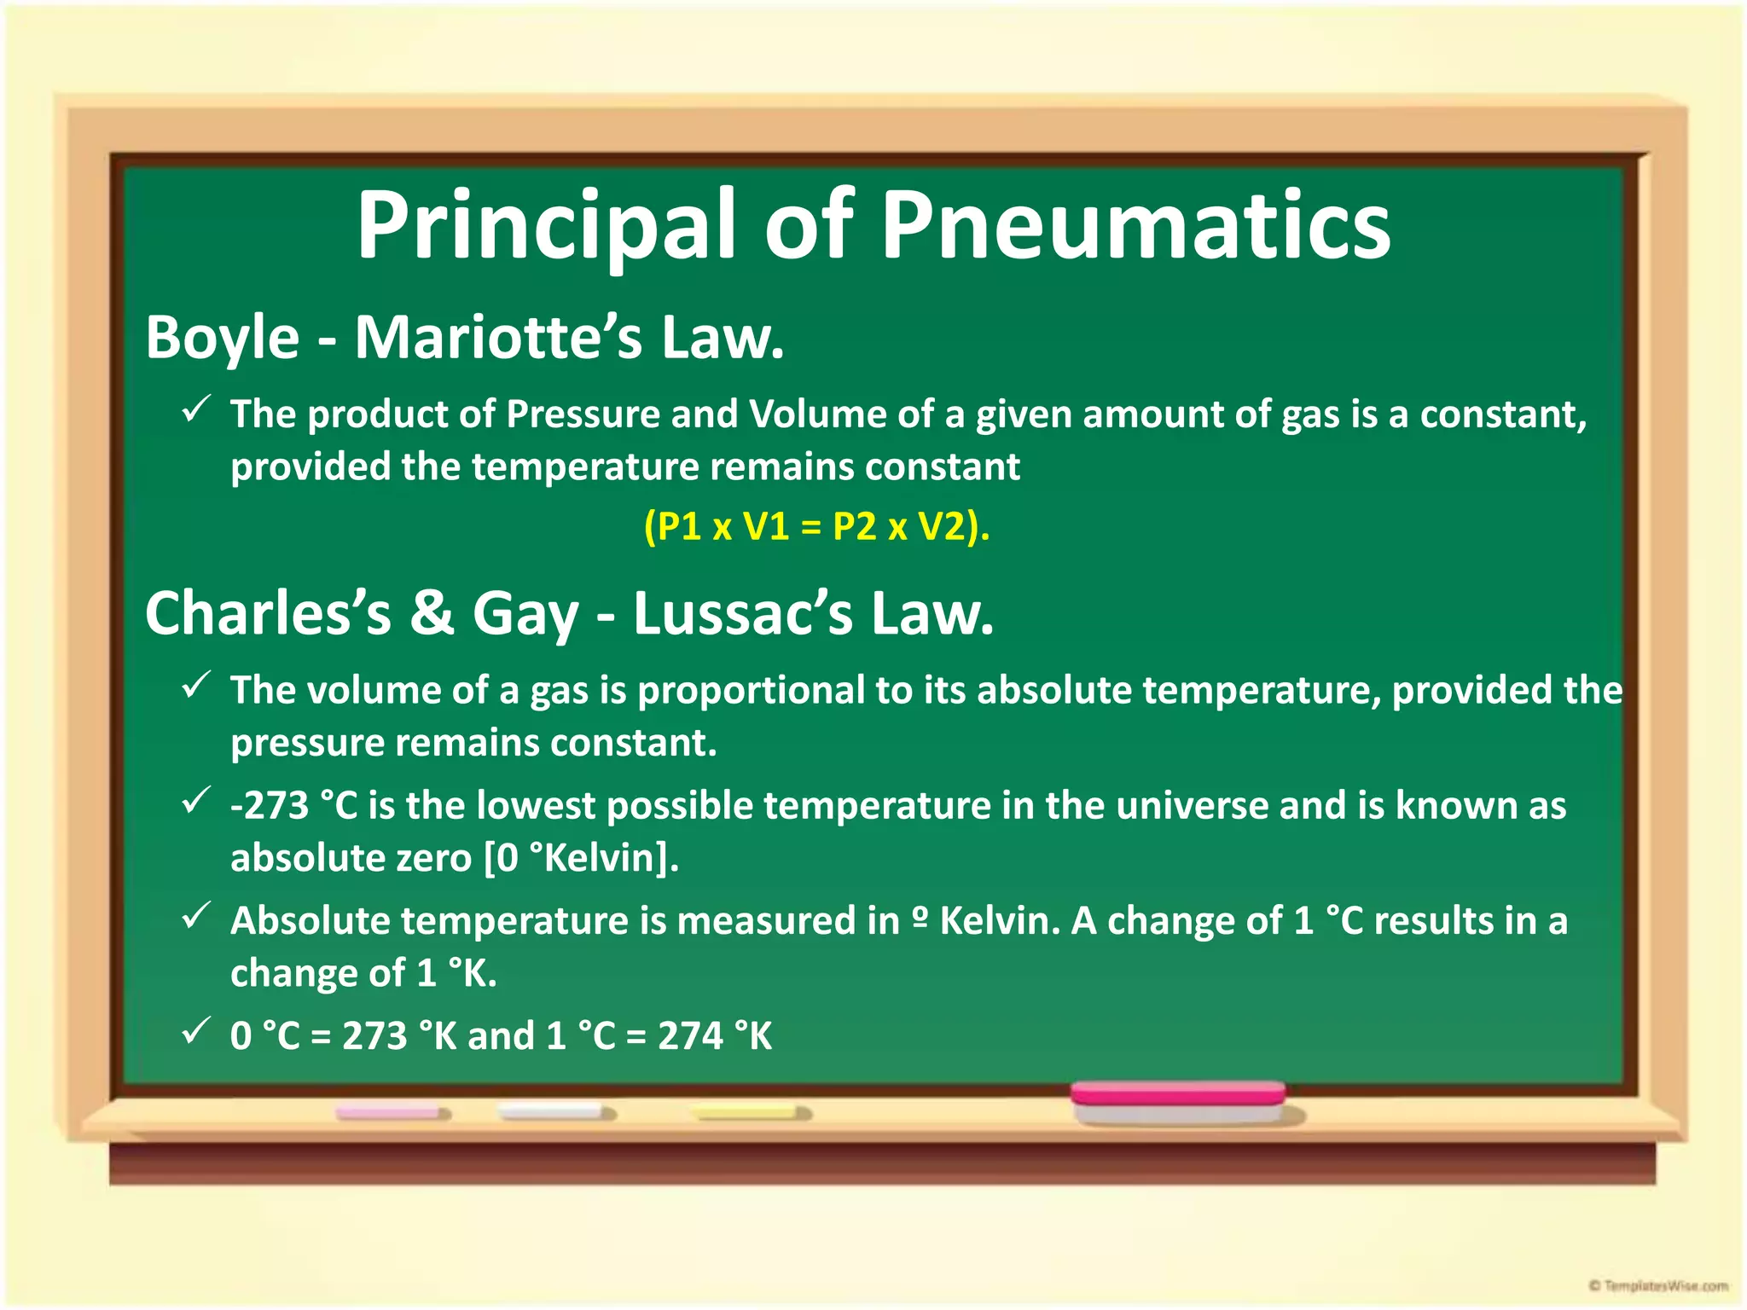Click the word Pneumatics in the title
[1135, 226]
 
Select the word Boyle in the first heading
[223, 339]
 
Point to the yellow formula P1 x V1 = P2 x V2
[816, 526]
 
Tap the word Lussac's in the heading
[742, 613]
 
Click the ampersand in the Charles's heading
[432, 613]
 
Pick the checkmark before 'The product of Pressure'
[197, 410]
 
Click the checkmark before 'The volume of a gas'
[197, 686]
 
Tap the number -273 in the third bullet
[270, 806]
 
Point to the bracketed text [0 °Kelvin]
[581, 858]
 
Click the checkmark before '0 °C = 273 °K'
[197, 1032]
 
